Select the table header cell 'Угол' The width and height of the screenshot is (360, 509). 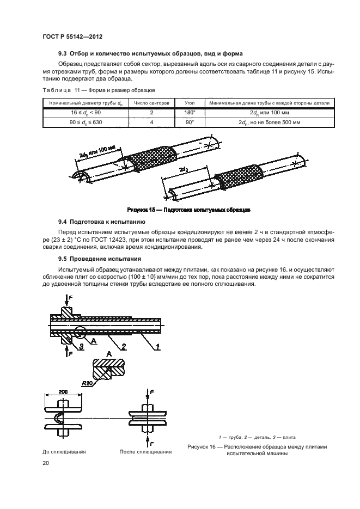click(190, 102)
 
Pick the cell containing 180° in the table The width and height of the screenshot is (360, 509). click(190, 113)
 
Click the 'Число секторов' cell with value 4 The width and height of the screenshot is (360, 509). click(151, 123)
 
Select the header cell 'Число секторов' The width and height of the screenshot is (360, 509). click(151, 102)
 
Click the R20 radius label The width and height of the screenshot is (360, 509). click(87, 383)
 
